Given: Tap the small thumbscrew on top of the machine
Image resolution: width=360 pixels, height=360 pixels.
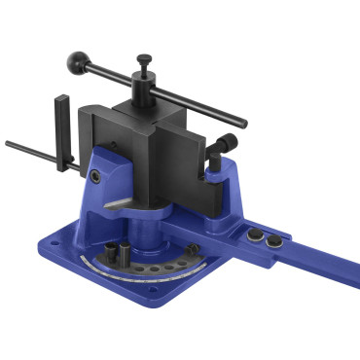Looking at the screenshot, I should pyautogui.click(x=144, y=59).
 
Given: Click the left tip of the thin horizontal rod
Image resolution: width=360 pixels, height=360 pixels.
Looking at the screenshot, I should pyautogui.click(x=8, y=144).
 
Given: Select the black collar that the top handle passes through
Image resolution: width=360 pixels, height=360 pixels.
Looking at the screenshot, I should pyautogui.click(x=145, y=87).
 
